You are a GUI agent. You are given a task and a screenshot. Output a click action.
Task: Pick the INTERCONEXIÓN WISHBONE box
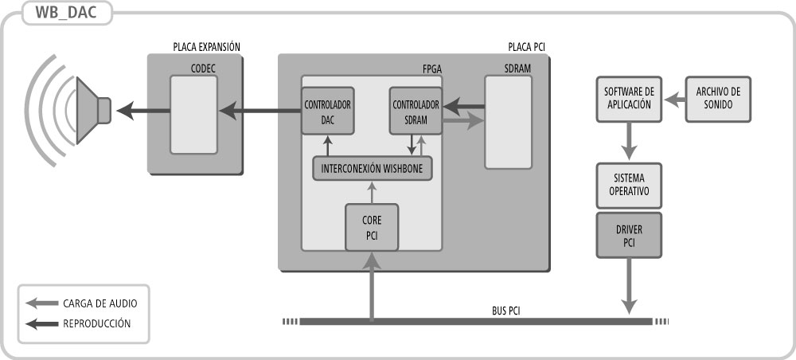(372, 168)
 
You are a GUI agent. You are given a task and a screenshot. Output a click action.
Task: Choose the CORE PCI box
(371, 226)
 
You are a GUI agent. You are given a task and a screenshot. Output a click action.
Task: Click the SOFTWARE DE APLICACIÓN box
(628, 100)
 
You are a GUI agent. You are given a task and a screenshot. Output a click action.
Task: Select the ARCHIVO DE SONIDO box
(718, 100)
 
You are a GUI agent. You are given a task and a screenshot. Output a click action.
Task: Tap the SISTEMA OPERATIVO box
(628, 186)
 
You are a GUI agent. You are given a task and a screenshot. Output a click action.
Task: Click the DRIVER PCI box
(628, 235)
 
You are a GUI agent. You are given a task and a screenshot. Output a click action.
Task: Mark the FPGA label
(431, 69)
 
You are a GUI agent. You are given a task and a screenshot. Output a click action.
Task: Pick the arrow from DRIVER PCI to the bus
(629, 286)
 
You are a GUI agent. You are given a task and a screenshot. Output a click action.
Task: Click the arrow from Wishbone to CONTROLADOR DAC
(327, 146)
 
